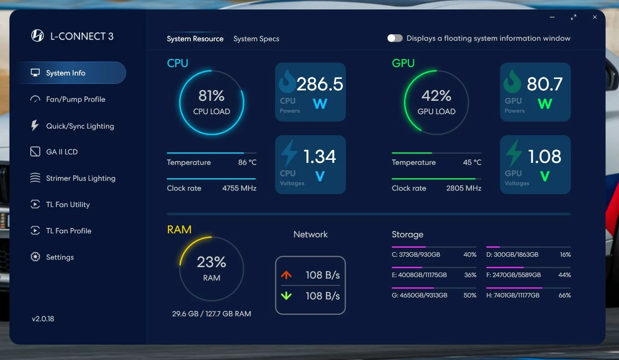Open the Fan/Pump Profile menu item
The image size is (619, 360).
pos(76,99)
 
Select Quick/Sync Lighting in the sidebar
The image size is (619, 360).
pos(79,126)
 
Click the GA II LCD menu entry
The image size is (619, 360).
pos(62,152)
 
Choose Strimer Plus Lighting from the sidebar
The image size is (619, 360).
pos(80,178)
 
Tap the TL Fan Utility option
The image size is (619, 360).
pos(68,205)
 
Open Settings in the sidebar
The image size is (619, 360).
pos(60,257)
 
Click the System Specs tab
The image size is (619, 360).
pos(256,39)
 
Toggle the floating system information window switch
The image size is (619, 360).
pos(395,38)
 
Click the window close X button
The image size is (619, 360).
pos(595,17)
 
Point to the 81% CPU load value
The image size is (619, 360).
pos(212,95)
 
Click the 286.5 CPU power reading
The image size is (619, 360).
pos(320,84)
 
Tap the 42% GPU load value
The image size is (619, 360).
pos(436,95)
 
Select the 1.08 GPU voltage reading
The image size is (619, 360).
pos(544,157)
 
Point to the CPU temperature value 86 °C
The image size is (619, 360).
pos(247,162)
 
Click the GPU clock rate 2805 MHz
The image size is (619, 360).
pos(464,188)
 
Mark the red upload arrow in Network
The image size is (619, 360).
pos(286,275)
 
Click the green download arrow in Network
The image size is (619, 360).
pos(286,296)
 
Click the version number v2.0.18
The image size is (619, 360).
pos(43,319)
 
